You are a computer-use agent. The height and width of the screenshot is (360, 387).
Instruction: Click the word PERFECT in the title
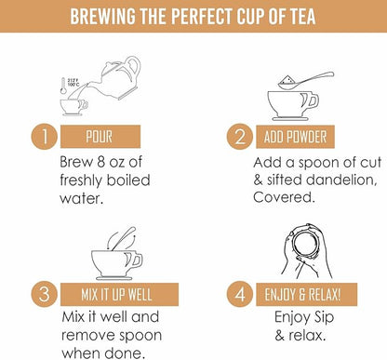click(x=202, y=16)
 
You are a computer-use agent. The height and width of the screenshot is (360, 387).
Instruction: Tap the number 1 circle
click(x=44, y=137)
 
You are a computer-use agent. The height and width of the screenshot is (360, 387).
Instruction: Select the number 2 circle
click(x=239, y=137)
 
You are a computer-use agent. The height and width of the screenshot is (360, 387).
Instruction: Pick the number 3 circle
click(x=44, y=294)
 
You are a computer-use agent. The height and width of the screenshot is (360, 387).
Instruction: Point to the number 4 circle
click(x=239, y=294)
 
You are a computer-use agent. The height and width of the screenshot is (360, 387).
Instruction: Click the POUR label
click(x=100, y=137)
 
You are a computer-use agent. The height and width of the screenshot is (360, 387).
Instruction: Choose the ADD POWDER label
click(x=295, y=137)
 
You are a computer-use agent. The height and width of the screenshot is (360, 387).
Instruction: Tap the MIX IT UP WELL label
click(x=119, y=294)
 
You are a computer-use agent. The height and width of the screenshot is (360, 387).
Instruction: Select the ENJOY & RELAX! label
click(x=306, y=294)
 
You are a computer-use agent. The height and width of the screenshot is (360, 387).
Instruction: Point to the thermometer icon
click(x=63, y=86)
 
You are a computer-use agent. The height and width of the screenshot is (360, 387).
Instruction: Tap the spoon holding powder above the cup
click(x=305, y=81)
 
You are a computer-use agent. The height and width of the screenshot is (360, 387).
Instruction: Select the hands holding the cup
click(x=306, y=250)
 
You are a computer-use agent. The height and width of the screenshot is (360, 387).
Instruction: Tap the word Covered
click(x=284, y=197)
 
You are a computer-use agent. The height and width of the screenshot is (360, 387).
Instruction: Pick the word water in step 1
click(x=81, y=198)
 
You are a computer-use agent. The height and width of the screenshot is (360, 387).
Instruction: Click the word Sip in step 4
click(x=324, y=318)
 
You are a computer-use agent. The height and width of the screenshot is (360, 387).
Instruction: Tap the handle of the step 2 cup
click(x=313, y=100)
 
